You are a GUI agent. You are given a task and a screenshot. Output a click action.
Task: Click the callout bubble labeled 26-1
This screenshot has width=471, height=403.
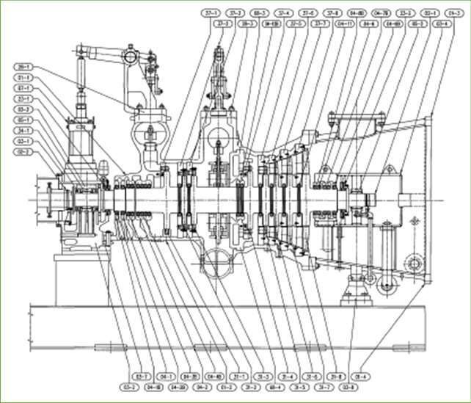[x=23, y=67]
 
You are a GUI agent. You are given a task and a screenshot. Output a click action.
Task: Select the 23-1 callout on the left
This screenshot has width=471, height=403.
[x=23, y=98]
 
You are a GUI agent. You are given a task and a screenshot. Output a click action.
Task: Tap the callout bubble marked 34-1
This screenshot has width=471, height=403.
[x=23, y=130]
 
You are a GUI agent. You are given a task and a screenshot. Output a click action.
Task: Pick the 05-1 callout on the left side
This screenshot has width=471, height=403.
[x=23, y=119]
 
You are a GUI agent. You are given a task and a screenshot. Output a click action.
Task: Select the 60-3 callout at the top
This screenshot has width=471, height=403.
[x=259, y=12]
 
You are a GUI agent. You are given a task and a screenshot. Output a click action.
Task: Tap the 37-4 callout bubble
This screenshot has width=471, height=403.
[x=283, y=12]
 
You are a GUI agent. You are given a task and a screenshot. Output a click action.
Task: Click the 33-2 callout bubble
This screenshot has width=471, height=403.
[x=404, y=12]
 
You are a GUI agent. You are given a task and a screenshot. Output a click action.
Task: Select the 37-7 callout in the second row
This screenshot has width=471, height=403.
[x=321, y=23]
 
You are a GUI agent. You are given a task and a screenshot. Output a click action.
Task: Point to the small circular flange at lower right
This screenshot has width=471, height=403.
[x=412, y=263]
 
